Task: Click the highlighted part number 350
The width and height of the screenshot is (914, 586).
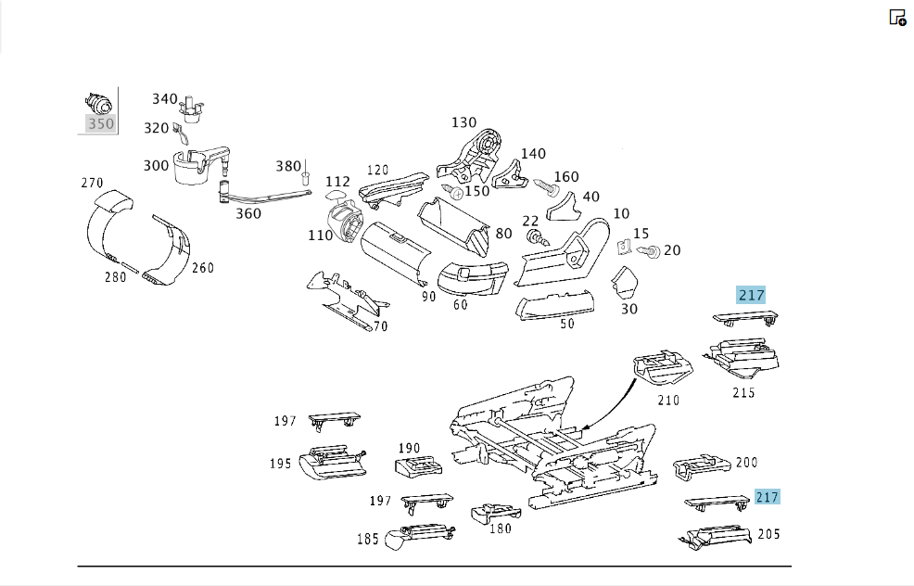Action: pos(101,123)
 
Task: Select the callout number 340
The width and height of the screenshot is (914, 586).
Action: pos(164,99)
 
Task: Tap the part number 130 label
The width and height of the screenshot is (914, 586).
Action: pos(464,122)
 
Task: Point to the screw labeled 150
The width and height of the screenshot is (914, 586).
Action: pos(453,191)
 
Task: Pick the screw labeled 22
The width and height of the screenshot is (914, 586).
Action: pos(538,238)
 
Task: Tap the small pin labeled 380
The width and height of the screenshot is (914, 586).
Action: pos(305,177)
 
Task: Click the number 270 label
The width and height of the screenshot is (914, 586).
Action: pos(92,183)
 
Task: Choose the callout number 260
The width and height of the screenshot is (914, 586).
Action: pos(203,268)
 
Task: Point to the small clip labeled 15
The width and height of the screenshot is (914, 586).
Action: pos(624,248)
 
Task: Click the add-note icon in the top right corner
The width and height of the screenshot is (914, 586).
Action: pos(897,18)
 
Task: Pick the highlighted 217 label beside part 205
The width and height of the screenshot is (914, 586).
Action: pos(768,497)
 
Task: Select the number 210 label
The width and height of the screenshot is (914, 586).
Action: pos(668,401)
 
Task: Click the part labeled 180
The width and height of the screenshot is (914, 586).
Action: pos(496,513)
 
